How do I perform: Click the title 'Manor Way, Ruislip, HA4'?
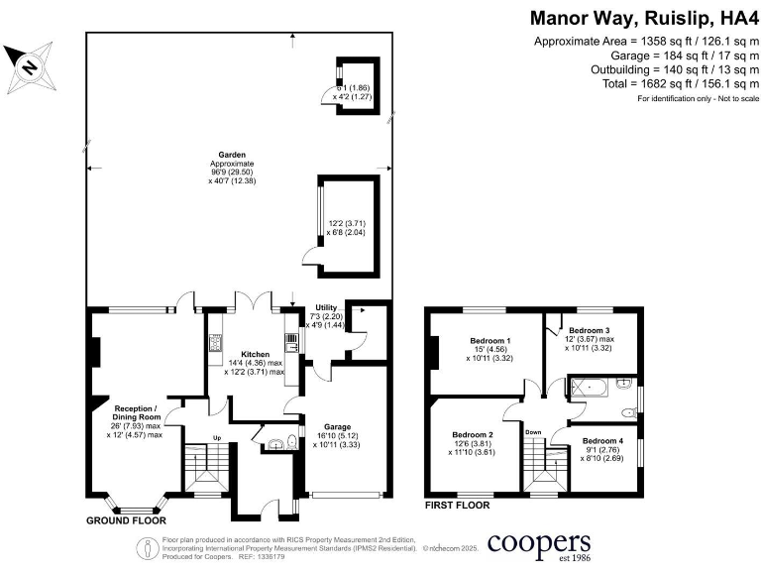639,18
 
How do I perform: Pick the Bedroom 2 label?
473,434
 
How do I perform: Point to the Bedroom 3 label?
588,330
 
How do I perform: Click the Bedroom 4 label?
602,440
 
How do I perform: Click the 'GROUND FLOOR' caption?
126,519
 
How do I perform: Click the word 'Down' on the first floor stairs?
532,432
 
